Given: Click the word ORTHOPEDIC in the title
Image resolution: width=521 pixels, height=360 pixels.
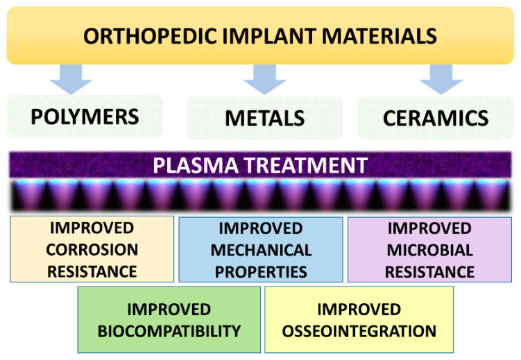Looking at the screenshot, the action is [x=150, y=36].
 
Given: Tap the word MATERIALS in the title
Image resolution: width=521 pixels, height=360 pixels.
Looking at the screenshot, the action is [x=379, y=36].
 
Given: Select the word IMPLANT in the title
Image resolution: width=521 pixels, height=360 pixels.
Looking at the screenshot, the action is [x=269, y=36].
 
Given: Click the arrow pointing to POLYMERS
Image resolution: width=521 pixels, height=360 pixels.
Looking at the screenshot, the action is [x=71, y=79].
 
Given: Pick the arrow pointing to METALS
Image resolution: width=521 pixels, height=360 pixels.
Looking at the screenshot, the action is [x=264, y=79].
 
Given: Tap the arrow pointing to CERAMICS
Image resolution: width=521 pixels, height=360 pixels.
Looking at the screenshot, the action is [x=441, y=79].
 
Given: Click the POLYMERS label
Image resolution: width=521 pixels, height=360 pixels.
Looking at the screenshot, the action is [x=85, y=117].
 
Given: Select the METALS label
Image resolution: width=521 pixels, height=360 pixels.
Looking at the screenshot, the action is [x=265, y=118].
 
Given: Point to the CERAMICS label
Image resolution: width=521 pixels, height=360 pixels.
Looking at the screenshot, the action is [x=436, y=118].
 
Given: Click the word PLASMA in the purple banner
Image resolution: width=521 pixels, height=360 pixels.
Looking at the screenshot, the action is [x=196, y=165].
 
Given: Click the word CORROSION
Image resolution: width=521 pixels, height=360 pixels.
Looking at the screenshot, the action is [x=92, y=250].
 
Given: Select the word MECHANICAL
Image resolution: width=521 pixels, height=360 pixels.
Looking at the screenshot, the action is [x=261, y=250].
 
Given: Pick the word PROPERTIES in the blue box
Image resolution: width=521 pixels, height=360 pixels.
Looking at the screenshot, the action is [x=261, y=273].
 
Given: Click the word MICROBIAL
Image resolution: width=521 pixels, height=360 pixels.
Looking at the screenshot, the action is [x=430, y=250].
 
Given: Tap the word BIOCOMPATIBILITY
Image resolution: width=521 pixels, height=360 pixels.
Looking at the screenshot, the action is [x=169, y=332].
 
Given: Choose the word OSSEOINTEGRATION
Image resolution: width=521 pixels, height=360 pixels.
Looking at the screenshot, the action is [x=359, y=332].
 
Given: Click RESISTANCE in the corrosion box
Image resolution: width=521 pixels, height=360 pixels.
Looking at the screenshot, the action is [x=92, y=272].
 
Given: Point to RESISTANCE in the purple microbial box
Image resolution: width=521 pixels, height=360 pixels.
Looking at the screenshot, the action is [x=429, y=273].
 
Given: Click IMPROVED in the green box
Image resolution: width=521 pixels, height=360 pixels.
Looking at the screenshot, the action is [x=169, y=309].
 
